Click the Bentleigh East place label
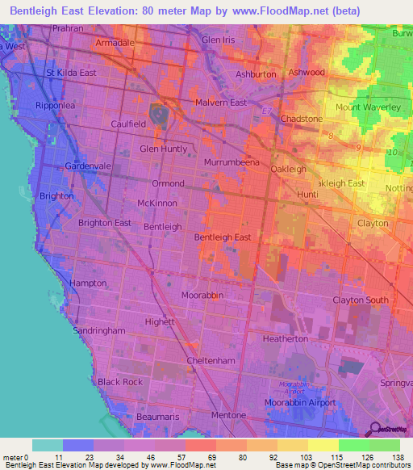click(x=223, y=237)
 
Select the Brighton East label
click(x=105, y=223)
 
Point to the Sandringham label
click(x=99, y=331)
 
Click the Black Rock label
click(x=120, y=381)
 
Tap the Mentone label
click(x=228, y=415)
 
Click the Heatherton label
click(x=286, y=339)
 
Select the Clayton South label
click(x=361, y=300)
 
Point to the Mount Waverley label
click(x=368, y=107)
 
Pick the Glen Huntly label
click(x=164, y=149)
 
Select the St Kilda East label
click(x=71, y=73)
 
